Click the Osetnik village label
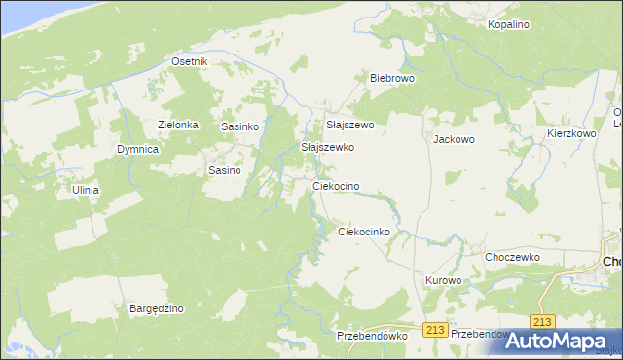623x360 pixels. click(x=190, y=61)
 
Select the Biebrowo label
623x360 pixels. click(x=392, y=78)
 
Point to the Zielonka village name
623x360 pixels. click(x=178, y=125)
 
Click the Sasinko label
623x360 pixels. click(x=239, y=126)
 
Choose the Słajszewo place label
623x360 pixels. click(x=349, y=125)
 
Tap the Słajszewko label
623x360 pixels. click(x=327, y=147)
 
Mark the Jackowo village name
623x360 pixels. click(x=454, y=139)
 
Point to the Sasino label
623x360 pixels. click(x=225, y=170)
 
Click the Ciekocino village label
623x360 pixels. click(x=336, y=185)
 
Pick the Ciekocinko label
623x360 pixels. click(x=363, y=232)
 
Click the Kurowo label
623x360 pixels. click(x=443, y=280)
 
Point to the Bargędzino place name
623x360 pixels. click(x=157, y=308)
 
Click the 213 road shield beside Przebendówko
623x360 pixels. click(x=435, y=330)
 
